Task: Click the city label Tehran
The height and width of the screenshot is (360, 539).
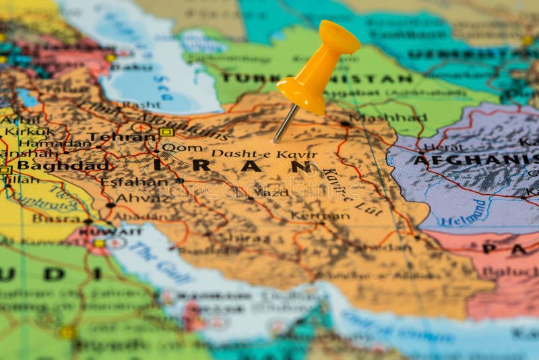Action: tap(121, 137)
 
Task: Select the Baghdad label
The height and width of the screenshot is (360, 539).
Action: tap(62, 165)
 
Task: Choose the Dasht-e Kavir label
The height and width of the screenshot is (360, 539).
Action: tap(263, 154)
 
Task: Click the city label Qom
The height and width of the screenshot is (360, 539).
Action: tap(182, 147)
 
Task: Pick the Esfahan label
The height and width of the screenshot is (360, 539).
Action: tap(134, 181)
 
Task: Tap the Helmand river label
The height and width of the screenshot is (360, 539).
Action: tap(464, 213)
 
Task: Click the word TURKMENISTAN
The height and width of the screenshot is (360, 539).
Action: tap(317, 78)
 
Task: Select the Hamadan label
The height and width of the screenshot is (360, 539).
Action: tap(55, 143)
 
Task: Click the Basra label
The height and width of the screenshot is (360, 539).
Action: tap(55, 218)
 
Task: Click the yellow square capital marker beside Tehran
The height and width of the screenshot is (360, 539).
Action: tap(166, 132)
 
